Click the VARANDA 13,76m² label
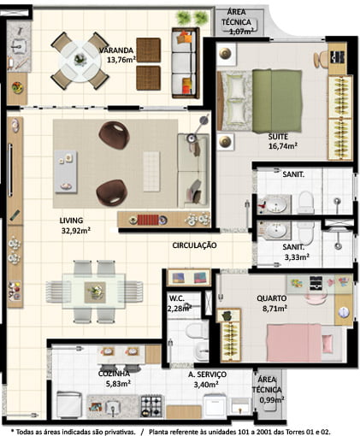[x=117, y=55]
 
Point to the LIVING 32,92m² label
[x=74, y=225]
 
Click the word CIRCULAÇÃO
[x=194, y=245]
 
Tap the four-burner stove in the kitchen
[x=151, y=406]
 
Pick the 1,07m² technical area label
[x=237, y=22]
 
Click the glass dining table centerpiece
[x=95, y=292]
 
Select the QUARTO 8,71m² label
[x=272, y=303]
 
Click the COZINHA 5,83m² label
[x=115, y=379]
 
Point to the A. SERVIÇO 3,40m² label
[x=207, y=380]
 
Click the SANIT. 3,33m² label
[x=297, y=252]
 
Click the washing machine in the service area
[x=215, y=405]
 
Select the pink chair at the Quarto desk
[x=316, y=298]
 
